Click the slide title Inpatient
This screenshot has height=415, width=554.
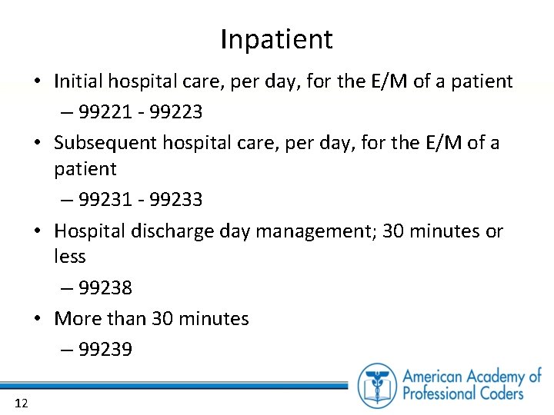276,39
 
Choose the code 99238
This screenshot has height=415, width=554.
105,288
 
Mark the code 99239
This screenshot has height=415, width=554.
105,350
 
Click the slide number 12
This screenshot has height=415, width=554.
21,403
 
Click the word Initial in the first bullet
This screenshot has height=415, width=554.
80,81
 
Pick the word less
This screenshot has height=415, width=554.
70,257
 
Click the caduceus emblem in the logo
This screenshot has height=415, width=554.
376,385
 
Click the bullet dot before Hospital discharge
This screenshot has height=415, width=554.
40,231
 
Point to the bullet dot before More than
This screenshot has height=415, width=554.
40,318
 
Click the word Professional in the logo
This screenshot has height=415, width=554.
437,393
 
